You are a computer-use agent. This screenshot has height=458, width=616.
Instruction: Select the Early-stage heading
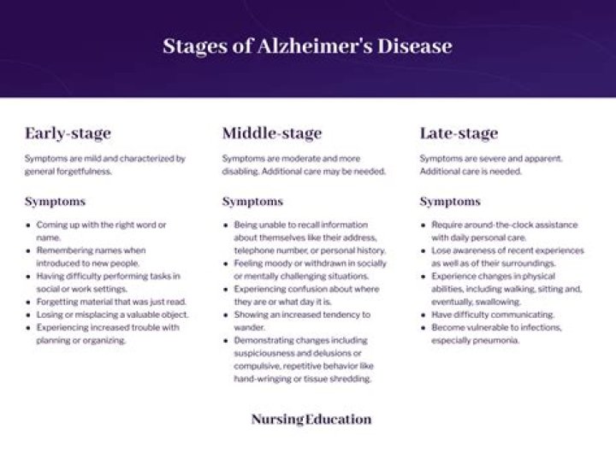pyautogui.click(x=68, y=133)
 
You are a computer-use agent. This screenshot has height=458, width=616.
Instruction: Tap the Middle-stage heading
pyautogui.click(x=272, y=133)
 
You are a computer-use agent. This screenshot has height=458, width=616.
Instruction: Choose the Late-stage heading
pyautogui.click(x=459, y=133)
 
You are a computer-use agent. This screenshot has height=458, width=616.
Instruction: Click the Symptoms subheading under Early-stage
pyautogui.click(x=55, y=202)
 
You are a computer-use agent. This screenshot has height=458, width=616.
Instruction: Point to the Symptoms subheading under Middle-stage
pyautogui.click(x=252, y=202)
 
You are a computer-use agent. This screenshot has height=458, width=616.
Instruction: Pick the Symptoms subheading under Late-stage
pyautogui.click(x=450, y=202)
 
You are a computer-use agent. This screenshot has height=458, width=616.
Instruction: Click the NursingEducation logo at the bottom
pyautogui.click(x=311, y=420)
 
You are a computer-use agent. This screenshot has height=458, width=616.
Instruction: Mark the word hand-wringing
pyautogui.click(x=258, y=379)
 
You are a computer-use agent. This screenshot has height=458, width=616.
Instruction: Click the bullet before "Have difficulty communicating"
pyautogui.click(x=423, y=314)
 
